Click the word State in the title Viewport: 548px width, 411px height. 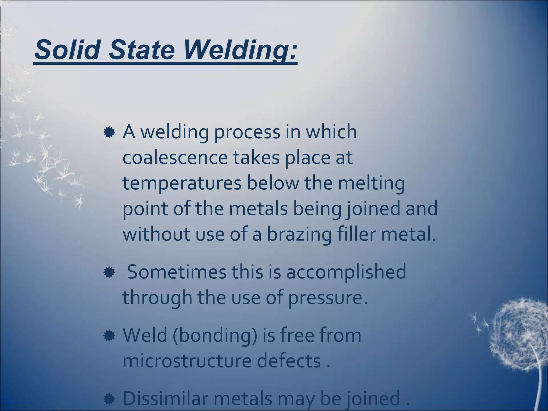[x=142, y=50]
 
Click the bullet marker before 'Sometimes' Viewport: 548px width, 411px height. [x=109, y=273]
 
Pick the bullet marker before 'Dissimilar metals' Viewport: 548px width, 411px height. [x=109, y=399]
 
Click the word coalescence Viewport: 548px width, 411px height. [x=175, y=158]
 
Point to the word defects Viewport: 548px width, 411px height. [x=289, y=361]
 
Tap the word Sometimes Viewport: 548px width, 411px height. [x=177, y=272]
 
